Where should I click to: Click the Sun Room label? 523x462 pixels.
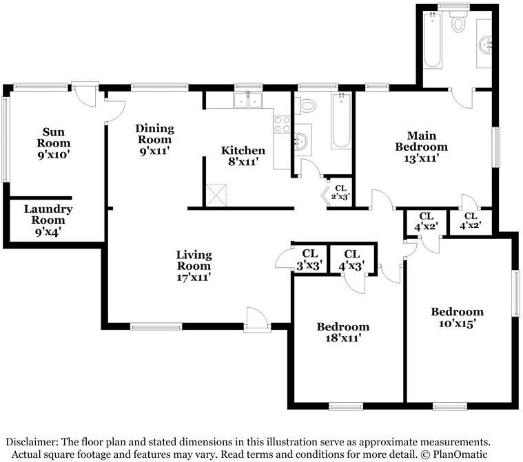[54, 143]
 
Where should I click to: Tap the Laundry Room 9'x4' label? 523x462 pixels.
[48, 220]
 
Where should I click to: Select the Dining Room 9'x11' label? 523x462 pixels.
[155, 139]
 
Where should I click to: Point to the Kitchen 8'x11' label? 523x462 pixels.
[243, 156]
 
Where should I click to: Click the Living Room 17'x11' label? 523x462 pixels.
[194, 266]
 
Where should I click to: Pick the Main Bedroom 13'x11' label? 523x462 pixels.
[421, 147]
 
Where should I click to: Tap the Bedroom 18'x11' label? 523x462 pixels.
[343, 332]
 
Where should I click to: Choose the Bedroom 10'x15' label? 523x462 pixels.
[457, 317]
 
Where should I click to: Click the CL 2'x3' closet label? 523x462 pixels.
[340, 193]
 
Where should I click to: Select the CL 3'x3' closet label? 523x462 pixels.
[310, 260]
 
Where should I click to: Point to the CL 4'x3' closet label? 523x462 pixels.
[351, 260]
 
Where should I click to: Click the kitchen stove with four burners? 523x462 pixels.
[282, 125]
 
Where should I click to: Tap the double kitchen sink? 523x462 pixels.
[248, 100]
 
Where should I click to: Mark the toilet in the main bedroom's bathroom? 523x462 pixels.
[458, 21]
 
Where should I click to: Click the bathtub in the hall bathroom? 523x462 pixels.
[341, 120]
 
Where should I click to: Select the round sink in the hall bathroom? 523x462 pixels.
[301, 140]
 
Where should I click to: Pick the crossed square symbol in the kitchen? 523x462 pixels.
[216, 195]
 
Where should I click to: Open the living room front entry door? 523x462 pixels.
[256, 319]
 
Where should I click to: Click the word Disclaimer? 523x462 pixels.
[32, 442]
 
